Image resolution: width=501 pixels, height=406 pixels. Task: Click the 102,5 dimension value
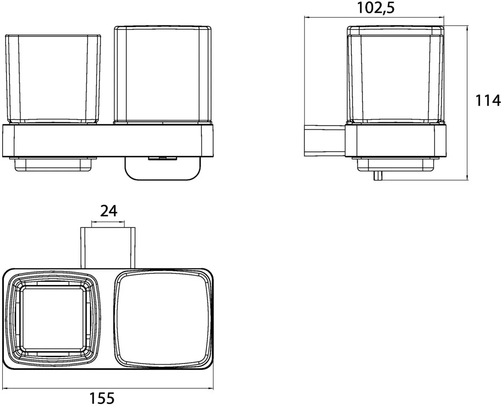(x=376, y=8)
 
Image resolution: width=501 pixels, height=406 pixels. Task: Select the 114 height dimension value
(x=488, y=100)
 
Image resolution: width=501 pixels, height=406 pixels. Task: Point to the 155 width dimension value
(x=102, y=398)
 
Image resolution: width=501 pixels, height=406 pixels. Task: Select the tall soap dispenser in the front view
(x=163, y=75)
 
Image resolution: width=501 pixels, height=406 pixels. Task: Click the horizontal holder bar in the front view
(x=108, y=141)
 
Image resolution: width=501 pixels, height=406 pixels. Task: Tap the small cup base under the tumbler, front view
(x=53, y=164)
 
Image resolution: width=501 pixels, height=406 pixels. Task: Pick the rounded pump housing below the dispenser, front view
(x=163, y=168)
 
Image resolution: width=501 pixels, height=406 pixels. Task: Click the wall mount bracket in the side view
(x=325, y=141)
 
